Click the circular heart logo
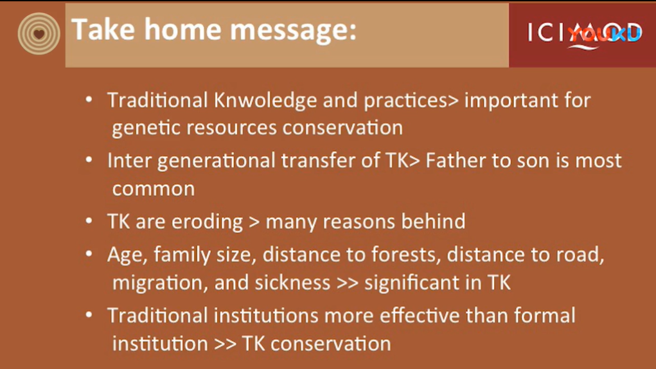39,33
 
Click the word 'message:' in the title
293,30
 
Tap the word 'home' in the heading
182,30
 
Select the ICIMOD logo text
585,33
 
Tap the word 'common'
154,189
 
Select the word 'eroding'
207,221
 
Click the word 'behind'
433,221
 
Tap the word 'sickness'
292,283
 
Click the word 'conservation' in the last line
330,344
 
